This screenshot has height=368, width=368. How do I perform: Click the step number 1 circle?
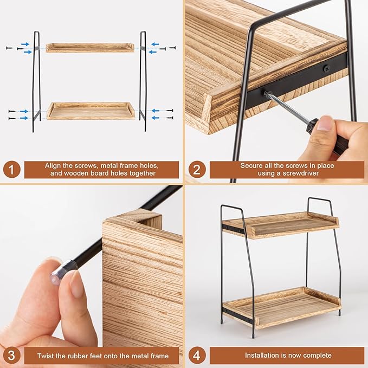(x=12, y=170)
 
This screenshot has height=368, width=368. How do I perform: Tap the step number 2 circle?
(x=196, y=170)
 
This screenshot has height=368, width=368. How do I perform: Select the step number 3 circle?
(x=12, y=356)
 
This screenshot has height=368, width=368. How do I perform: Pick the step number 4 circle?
(x=196, y=356)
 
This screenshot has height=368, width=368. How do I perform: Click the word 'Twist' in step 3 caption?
(x=48, y=356)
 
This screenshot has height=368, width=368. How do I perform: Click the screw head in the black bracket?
(x=326, y=68)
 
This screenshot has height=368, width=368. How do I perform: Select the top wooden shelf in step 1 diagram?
(x=90, y=47)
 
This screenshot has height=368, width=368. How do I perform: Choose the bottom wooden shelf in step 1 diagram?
(x=91, y=111)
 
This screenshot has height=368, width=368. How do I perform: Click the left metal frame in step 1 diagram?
(x=36, y=81)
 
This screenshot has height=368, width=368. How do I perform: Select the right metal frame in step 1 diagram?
(x=143, y=81)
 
